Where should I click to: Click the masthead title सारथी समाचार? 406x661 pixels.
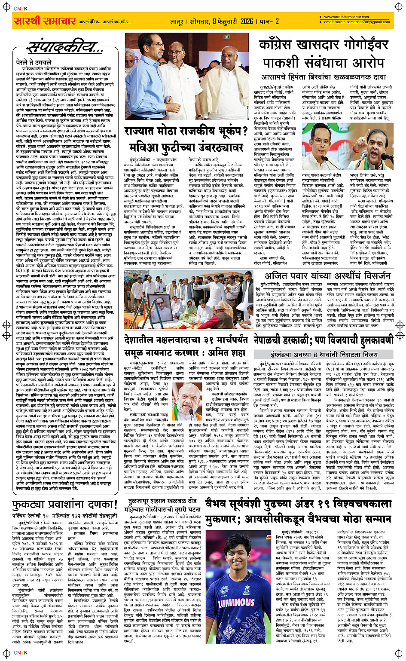point(45,21)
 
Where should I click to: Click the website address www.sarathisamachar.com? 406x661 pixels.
point(346,17)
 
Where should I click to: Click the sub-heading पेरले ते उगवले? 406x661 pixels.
point(27,62)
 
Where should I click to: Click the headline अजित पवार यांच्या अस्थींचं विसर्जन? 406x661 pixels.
point(327,275)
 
